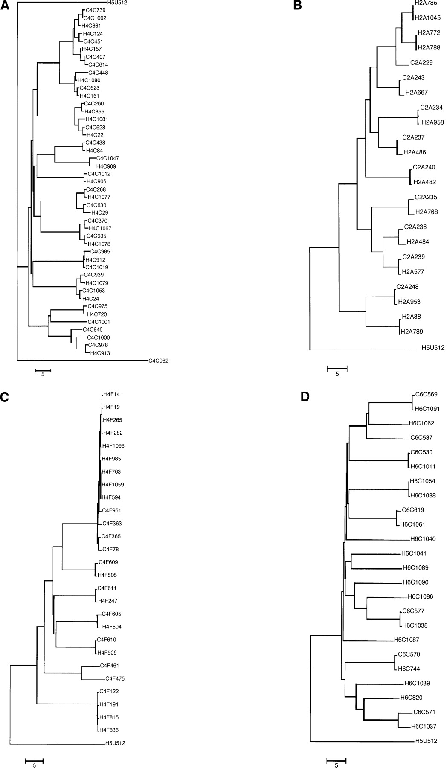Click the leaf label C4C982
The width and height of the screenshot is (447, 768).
click(158, 361)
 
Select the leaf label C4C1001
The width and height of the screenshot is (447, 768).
click(99, 322)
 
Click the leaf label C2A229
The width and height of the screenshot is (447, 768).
click(421, 63)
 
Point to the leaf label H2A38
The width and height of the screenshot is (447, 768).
click(411, 317)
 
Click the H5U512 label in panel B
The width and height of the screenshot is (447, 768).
click(433, 348)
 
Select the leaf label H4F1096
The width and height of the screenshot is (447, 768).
click(113, 446)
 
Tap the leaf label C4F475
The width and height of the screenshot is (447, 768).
click(115, 678)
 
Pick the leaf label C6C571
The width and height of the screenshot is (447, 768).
click(425, 712)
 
